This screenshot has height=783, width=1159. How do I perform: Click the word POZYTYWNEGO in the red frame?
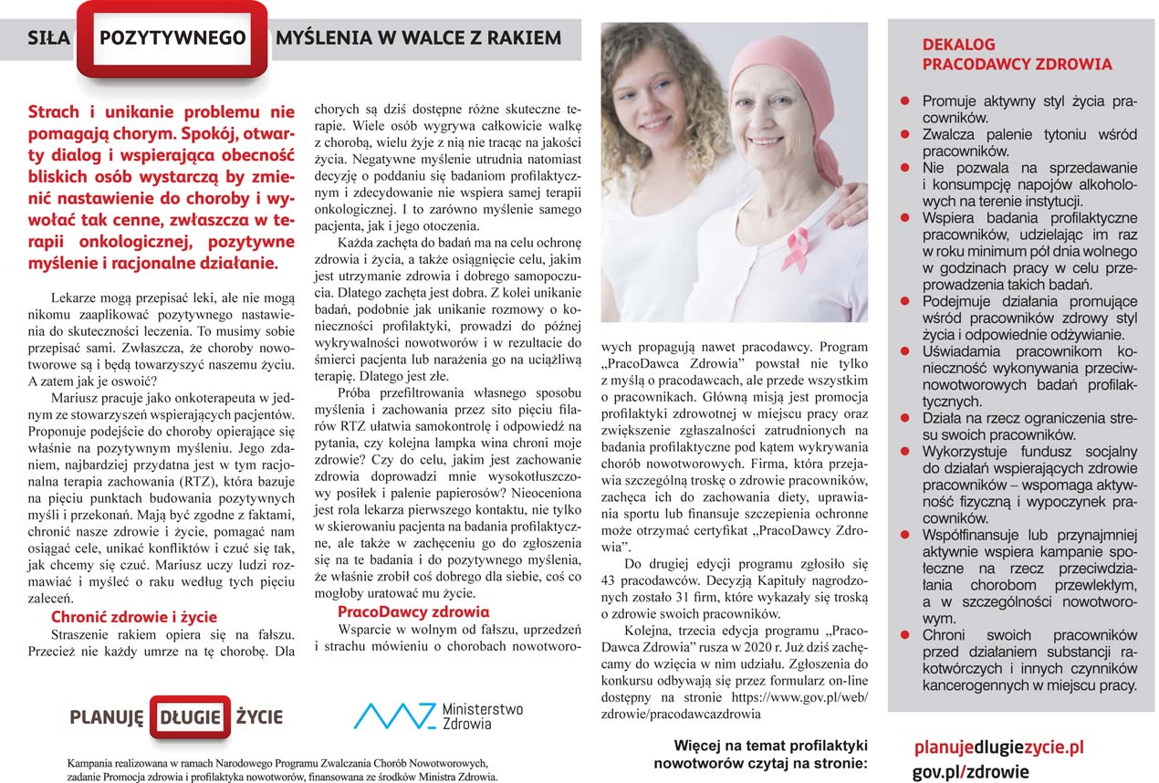172,38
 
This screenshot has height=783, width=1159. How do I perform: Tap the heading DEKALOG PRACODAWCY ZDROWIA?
1017,55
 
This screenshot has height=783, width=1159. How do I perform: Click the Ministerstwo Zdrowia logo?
438,715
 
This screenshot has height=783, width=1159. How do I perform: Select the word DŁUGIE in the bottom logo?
190,716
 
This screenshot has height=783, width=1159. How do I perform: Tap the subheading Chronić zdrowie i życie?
134,617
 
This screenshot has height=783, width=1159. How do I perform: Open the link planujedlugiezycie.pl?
998,747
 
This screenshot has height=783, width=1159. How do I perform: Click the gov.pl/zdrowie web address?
970,771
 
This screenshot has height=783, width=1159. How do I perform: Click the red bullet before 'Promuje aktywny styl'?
905,101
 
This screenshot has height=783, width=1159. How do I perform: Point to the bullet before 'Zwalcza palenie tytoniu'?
905,134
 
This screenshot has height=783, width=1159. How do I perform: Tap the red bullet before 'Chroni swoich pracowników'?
905,634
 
